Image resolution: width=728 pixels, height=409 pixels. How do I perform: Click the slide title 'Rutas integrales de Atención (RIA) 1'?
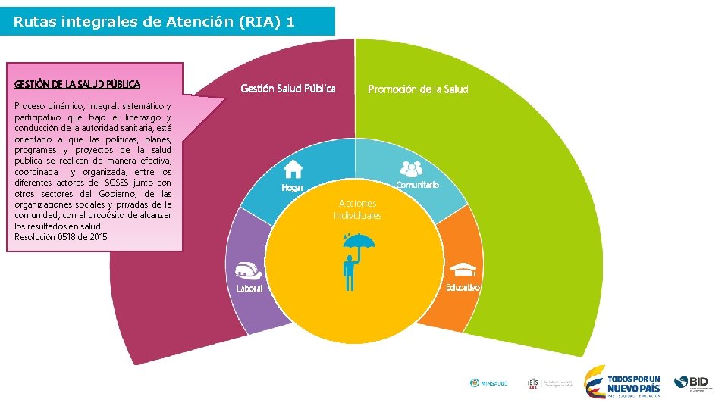click(x=154, y=22)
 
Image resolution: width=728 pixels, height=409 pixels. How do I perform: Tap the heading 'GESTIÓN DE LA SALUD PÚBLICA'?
click(x=77, y=84)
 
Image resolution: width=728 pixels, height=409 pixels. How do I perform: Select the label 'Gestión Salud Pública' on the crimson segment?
click(x=287, y=89)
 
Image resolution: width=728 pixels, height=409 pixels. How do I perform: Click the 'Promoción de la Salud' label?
click(x=418, y=89)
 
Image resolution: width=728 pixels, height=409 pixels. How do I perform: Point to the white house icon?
click(x=293, y=169)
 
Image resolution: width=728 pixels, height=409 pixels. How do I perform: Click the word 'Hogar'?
click(x=292, y=188)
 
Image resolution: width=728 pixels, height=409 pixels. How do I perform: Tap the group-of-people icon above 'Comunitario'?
click(x=411, y=168)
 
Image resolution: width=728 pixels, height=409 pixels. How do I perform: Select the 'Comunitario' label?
click(x=417, y=185)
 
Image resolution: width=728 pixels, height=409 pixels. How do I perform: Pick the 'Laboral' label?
click(x=249, y=289)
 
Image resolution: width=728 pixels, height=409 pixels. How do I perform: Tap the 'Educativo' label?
click(x=463, y=287)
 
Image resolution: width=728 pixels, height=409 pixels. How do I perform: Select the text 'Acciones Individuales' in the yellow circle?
click(x=357, y=210)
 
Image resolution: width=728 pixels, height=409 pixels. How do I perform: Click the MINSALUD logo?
click(x=488, y=383)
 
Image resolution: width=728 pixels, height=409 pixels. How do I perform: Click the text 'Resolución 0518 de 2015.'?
click(x=61, y=237)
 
